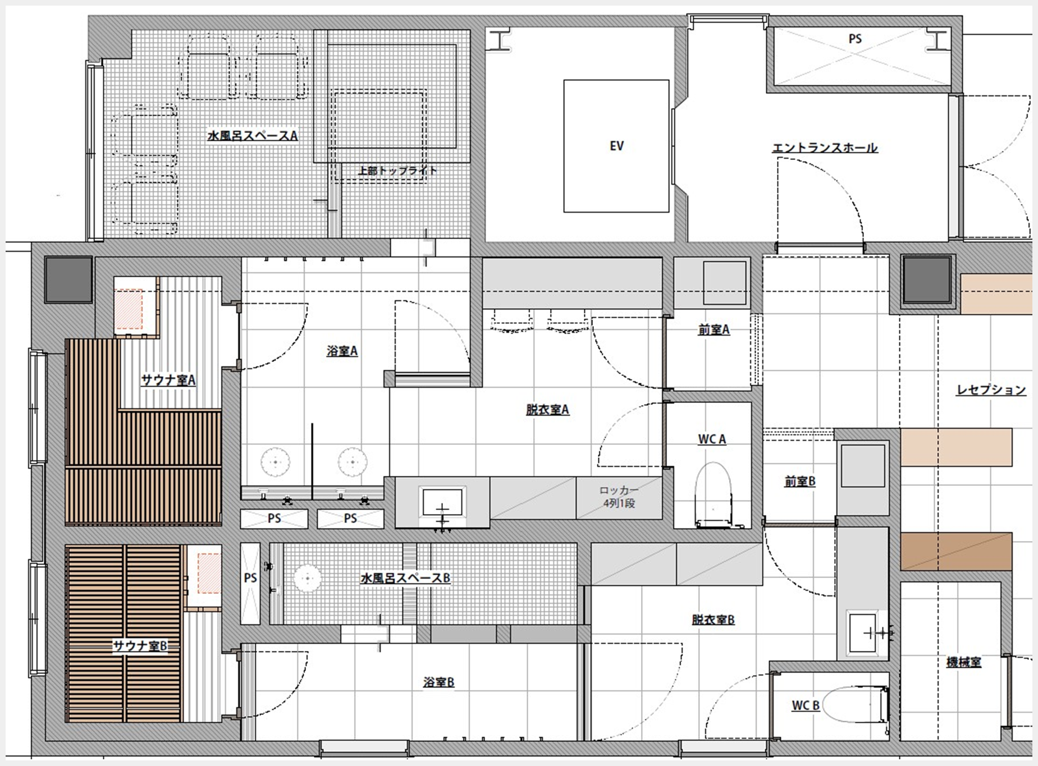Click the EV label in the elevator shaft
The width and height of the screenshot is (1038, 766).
tap(616, 146)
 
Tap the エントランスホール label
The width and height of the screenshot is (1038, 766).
tap(825, 148)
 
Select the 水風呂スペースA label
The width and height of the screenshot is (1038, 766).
tap(253, 135)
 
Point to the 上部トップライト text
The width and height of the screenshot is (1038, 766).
tap(397, 170)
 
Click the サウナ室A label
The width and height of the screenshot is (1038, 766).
tap(168, 380)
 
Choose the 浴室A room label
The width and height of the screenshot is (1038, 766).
tap(342, 351)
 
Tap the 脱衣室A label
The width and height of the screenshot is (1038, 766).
tap(547, 410)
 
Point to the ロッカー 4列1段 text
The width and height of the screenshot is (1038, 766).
tap(619, 497)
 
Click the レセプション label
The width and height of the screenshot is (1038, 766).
tap(991, 389)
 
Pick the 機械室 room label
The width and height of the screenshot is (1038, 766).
tap(964, 662)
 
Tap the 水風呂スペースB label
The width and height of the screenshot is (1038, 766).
tap(405, 578)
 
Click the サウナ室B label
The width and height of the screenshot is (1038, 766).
tap(140, 646)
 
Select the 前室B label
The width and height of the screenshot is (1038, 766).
tap(800, 481)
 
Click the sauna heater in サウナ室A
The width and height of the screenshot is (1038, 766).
tap(129, 309)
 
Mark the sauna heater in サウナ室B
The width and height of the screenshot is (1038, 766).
tap(208, 574)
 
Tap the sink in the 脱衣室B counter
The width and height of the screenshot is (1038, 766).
tap(863, 634)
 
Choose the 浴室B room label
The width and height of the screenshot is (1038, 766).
tap(438, 682)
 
